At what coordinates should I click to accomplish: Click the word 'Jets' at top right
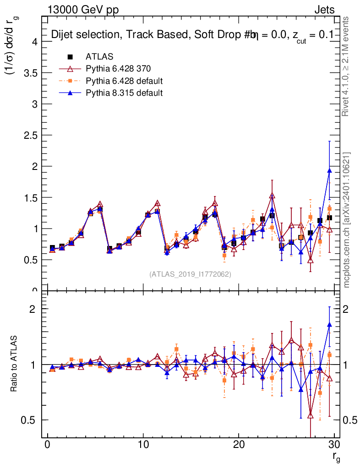(324, 10)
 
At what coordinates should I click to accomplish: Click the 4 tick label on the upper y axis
(33, 42)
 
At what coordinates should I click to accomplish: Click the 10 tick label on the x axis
(143, 444)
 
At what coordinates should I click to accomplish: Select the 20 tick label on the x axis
(239, 444)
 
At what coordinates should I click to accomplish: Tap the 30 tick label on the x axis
(334, 444)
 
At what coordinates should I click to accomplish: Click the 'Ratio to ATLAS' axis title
(14, 364)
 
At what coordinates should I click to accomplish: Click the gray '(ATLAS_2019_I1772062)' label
(190, 274)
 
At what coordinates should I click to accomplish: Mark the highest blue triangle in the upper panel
(329, 170)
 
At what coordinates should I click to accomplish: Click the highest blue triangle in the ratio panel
(329, 324)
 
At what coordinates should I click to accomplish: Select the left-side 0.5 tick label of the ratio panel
(30, 420)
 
